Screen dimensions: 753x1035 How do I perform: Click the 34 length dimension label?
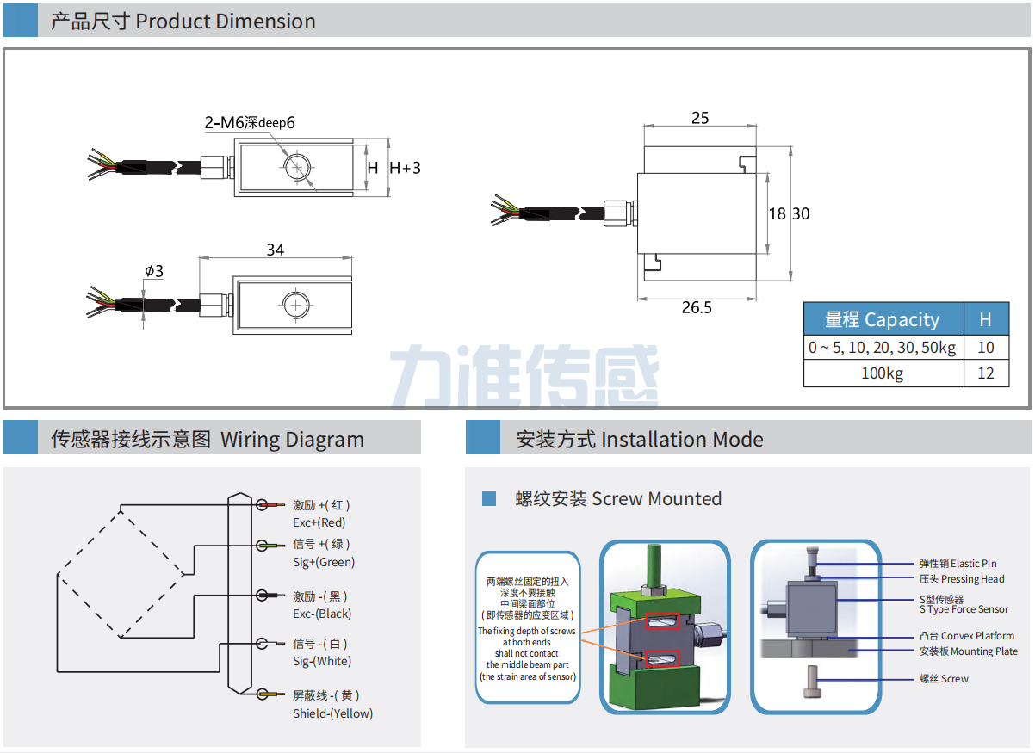click(275, 250)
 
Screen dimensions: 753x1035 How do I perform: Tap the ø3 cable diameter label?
click(154, 271)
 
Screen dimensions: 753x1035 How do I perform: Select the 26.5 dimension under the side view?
click(697, 307)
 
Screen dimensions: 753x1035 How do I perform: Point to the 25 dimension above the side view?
click(700, 118)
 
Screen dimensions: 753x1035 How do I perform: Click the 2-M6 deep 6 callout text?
click(250, 123)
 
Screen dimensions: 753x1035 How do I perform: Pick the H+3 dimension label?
click(406, 168)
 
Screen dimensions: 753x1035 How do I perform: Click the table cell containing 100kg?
click(883, 373)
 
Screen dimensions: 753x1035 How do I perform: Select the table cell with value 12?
click(986, 373)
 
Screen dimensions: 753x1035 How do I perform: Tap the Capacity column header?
click(883, 320)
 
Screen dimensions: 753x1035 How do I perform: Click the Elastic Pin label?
click(958, 564)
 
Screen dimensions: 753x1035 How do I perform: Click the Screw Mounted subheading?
click(618, 499)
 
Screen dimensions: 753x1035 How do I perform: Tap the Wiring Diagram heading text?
click(207, 440)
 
